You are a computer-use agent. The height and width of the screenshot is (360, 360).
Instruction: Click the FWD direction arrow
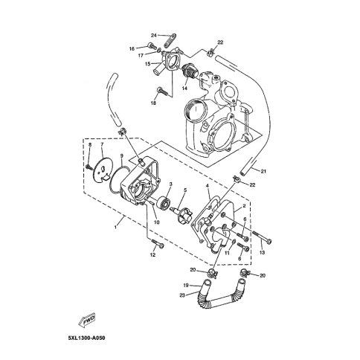pyautogui.click(x=86, y=320)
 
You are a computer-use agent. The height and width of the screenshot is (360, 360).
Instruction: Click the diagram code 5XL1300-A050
pyautogui.click(x=86, y=338)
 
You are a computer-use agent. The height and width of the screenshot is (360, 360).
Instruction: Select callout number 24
pyautogui.click(x=154, y=36)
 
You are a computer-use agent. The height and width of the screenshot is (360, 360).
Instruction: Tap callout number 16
pyautogui.click(x=132, y=49)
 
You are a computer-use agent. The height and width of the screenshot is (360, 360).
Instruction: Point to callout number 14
pyautogui.click(x=184, y=88)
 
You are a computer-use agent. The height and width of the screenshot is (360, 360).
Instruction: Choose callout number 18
pyautogui.click(x=153, y=103)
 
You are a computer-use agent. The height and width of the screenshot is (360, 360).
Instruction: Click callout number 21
pyautogui.click(x=263, y=171)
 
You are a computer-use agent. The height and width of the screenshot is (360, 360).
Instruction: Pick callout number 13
pyautogui.click(x=262, y=252)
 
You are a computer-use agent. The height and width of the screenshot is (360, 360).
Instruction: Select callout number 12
pyautogui.click(x=153, y=254)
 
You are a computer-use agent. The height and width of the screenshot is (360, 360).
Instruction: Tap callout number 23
pyautogui.click(x=182, y=295)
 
